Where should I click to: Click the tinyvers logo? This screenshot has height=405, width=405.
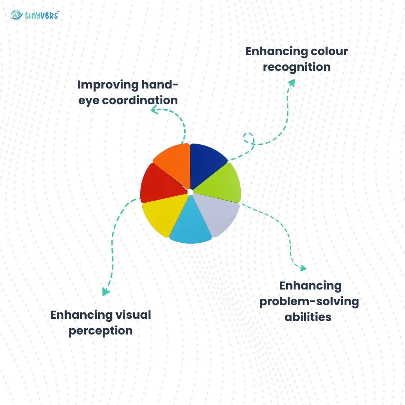[35, 15]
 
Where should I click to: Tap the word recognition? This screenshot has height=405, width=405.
[296, 67]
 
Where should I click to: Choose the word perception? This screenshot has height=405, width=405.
[100, 331]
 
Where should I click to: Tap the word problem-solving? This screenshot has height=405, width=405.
[309, 301]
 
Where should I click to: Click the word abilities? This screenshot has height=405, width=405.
[308, 317]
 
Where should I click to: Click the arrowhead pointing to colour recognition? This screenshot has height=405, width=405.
[291, 82]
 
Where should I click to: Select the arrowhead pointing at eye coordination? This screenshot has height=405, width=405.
[154, 109]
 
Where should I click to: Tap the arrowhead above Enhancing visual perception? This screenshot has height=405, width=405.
[106, 291]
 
